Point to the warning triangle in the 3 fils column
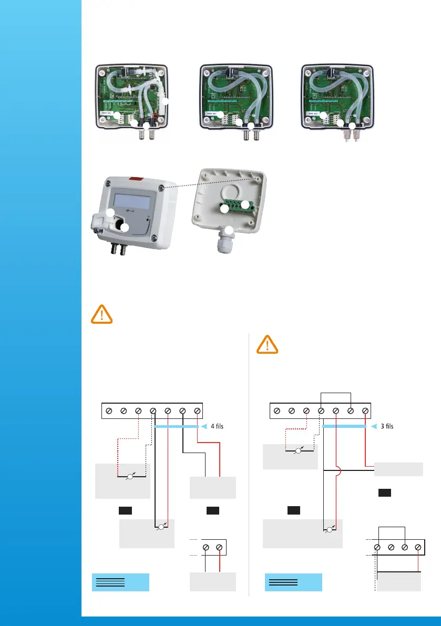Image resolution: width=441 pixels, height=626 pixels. pyautogui.click(x=268, y=345)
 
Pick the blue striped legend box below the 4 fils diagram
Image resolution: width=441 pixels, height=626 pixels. pyautogui.click(x=120, y=582)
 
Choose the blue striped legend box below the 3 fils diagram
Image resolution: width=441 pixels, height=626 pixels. pyautogui.click(x=293, y=582)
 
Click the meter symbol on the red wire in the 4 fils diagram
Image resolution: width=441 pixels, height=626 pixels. pyautogui.click(x=161, y=527)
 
